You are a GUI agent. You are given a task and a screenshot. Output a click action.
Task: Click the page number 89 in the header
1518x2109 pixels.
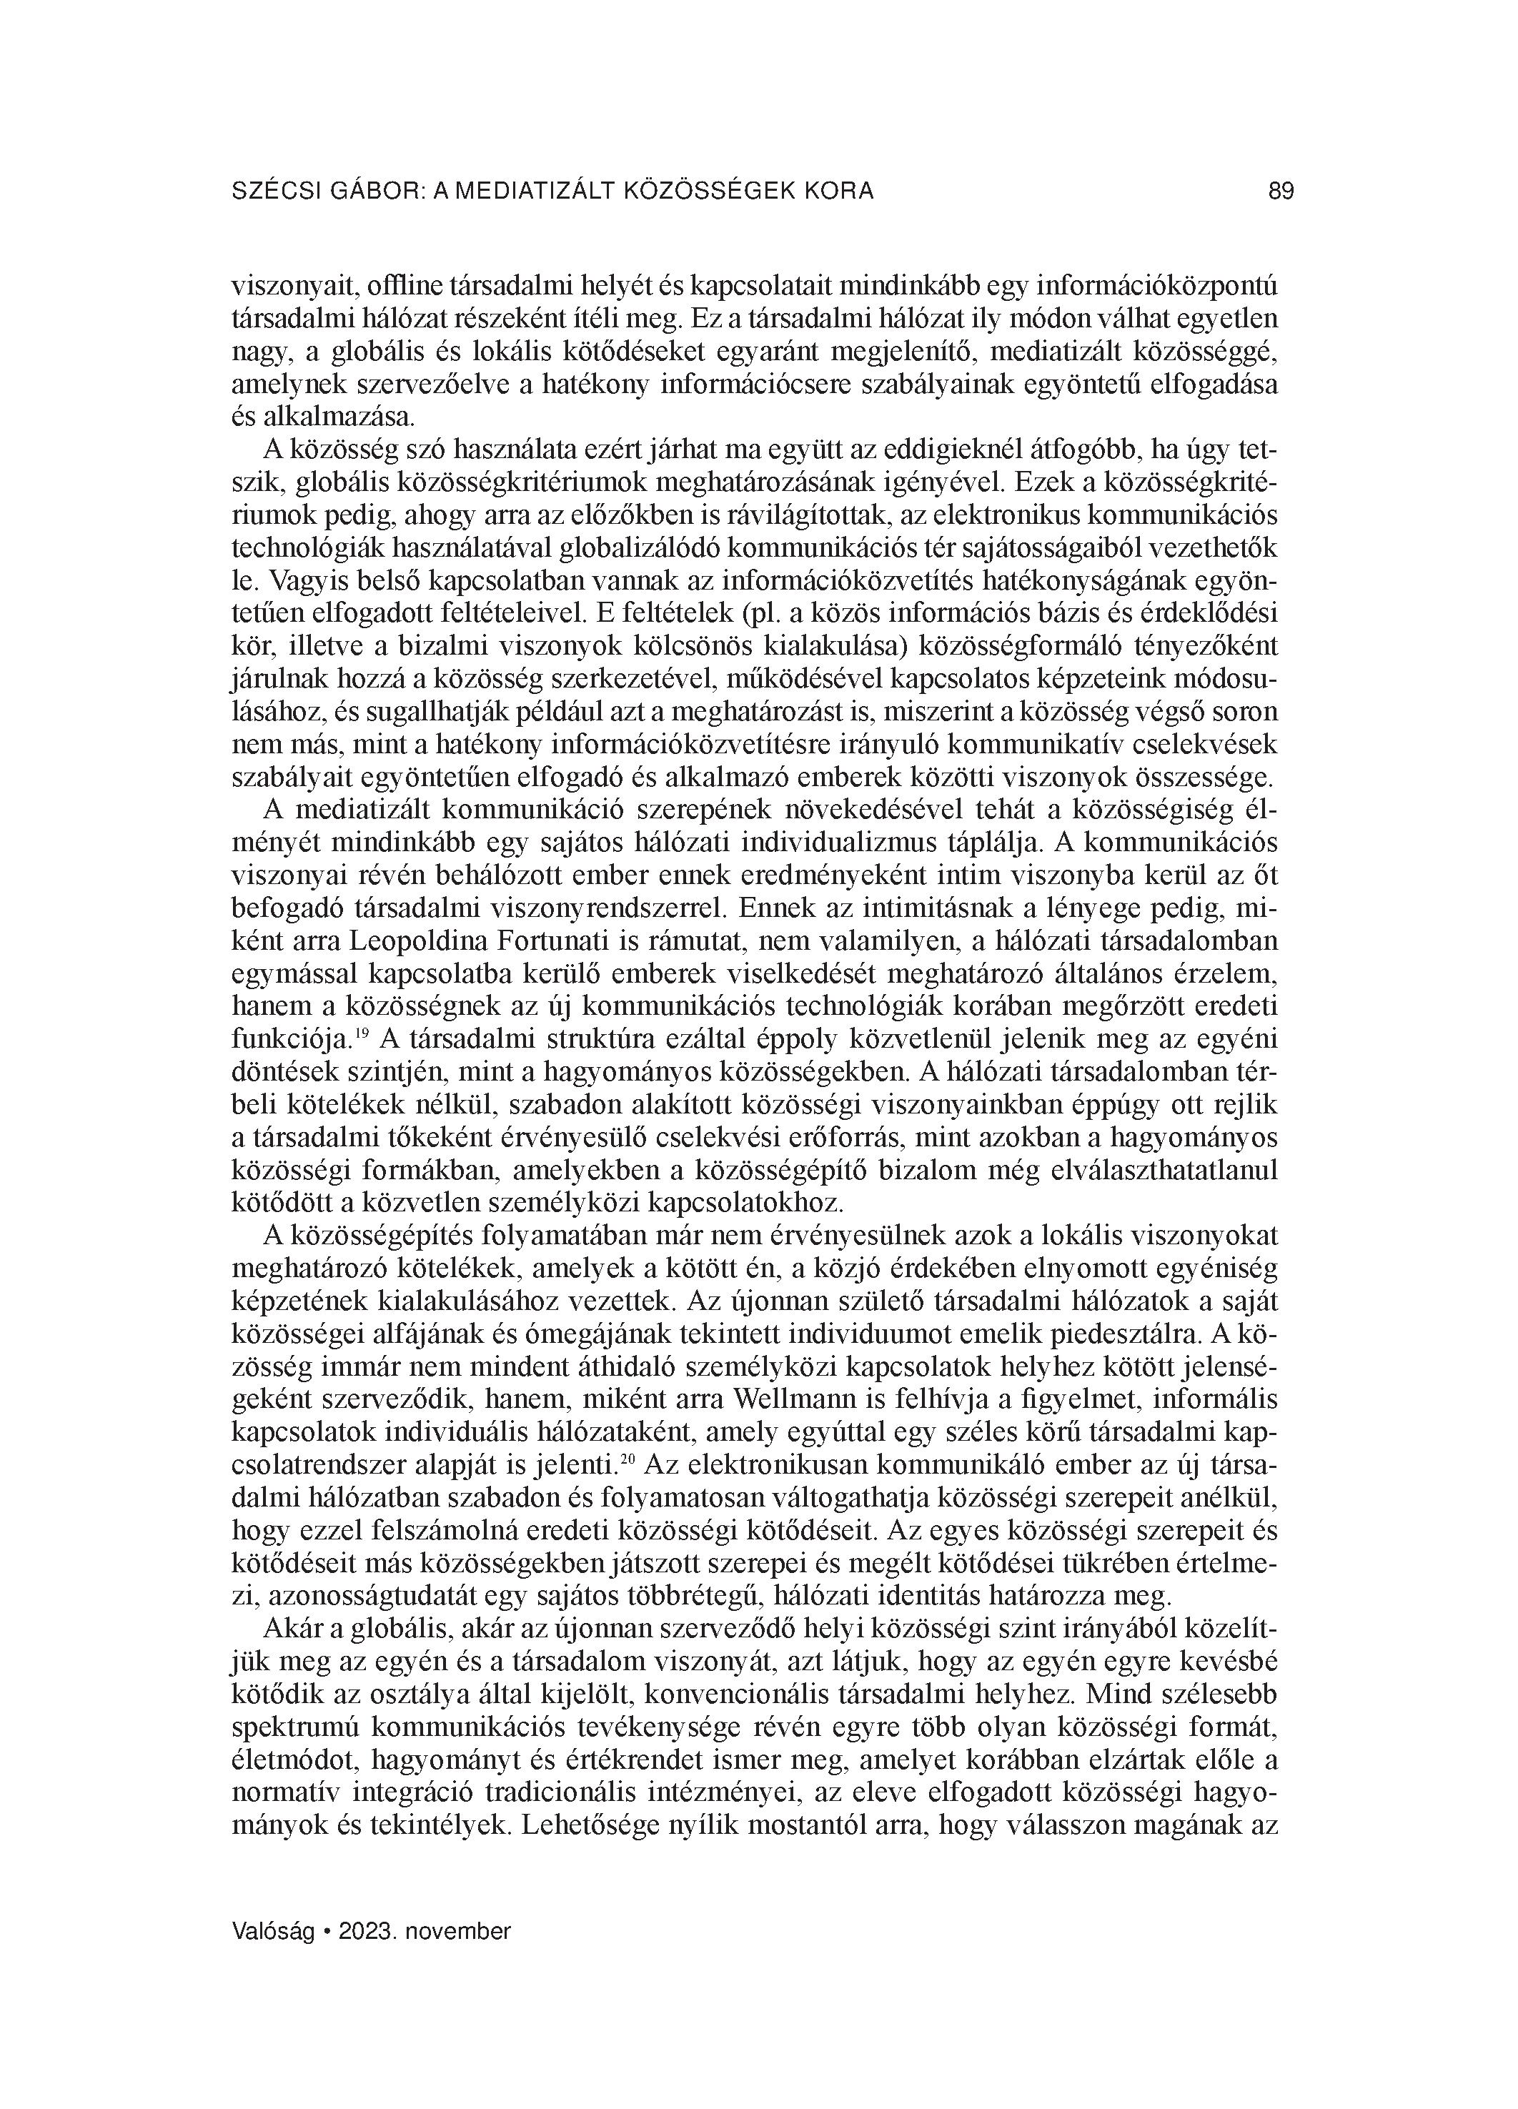(x=1280, y=192)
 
